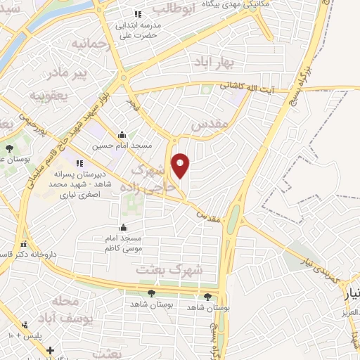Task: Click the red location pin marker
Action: [181, 165]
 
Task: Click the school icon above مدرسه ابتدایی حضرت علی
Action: [138, 14]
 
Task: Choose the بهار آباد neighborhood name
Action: [218, 63]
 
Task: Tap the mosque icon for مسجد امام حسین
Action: [123, 135]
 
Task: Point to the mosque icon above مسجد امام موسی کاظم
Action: [124, 226]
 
